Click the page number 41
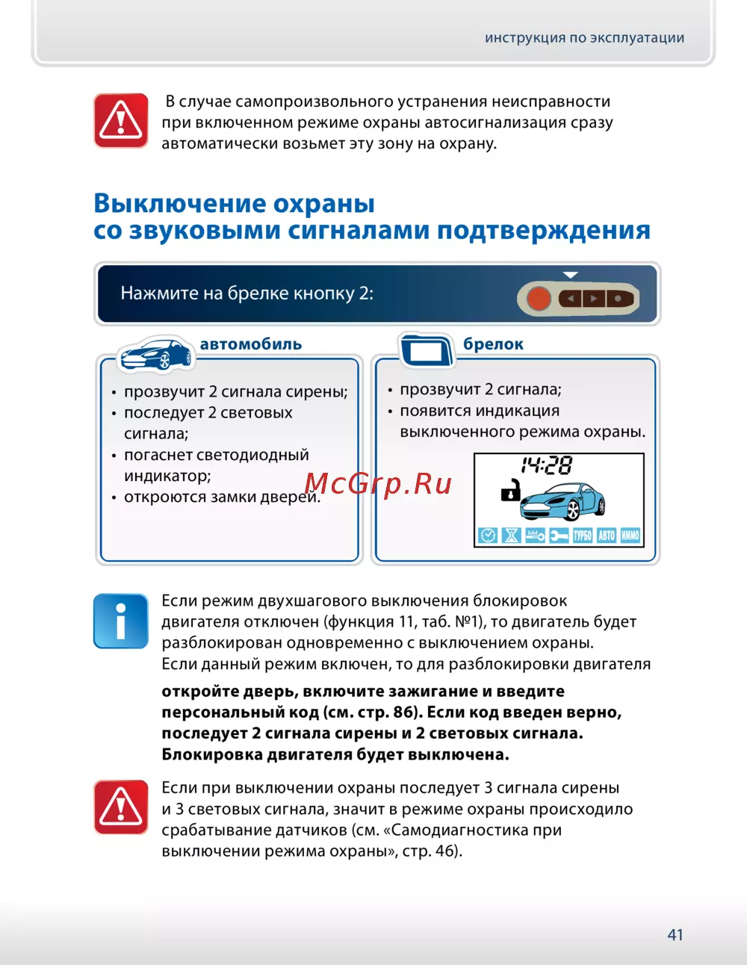(675, 934)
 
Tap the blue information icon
(120, 621)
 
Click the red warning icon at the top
(121, 120)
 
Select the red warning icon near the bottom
(121, 807)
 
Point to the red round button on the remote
(539, 299)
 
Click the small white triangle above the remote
(571, 275)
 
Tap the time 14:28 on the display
(547, 466)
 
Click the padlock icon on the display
(510, 491)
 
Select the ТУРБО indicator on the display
(582, 536)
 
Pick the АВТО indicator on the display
(607, 536)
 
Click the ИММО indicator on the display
(630, 536)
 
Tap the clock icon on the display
(487, 536)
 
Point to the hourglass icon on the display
(512, 536)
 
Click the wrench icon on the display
(559, 536)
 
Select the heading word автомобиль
(251, 344)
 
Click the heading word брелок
(493, 344)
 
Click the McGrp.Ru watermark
(379, 484)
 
